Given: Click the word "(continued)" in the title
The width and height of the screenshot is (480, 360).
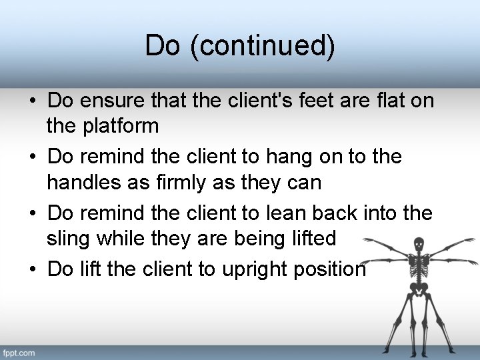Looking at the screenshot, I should point(263,46).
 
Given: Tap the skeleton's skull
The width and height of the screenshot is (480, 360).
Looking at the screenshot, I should point(419,244).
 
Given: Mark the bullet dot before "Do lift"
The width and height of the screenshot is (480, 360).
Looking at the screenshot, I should point(33,269).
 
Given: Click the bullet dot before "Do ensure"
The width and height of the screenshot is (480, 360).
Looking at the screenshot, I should point(33,101).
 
